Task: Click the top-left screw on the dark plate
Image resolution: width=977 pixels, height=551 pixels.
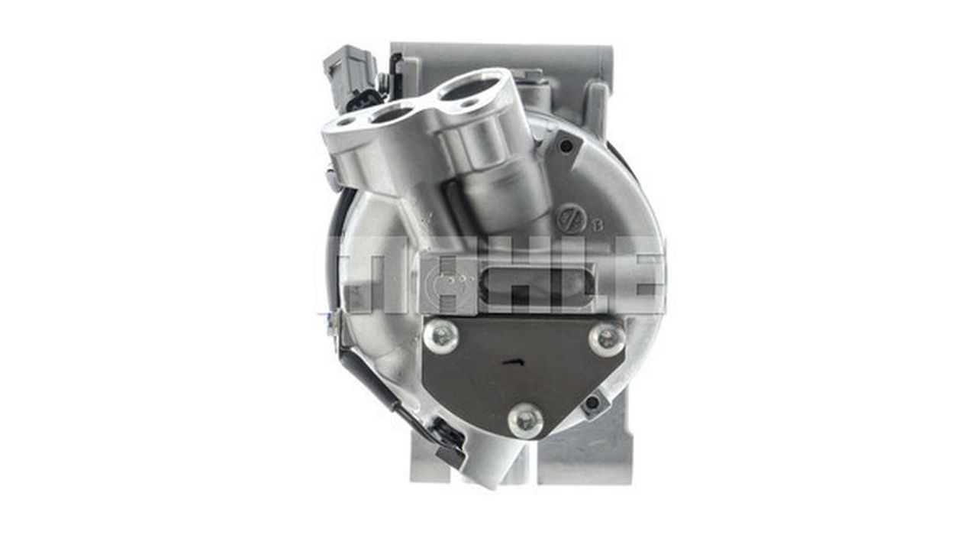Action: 441,335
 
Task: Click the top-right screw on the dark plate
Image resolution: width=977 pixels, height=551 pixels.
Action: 607,338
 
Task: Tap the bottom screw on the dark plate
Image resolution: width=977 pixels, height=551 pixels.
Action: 526,421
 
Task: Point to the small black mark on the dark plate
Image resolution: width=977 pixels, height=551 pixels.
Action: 514,362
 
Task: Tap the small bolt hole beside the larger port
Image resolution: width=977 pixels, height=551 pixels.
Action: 469,104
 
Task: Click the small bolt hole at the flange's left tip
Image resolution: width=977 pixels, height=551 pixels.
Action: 346,122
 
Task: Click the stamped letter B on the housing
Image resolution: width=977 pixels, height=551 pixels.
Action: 598,225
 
